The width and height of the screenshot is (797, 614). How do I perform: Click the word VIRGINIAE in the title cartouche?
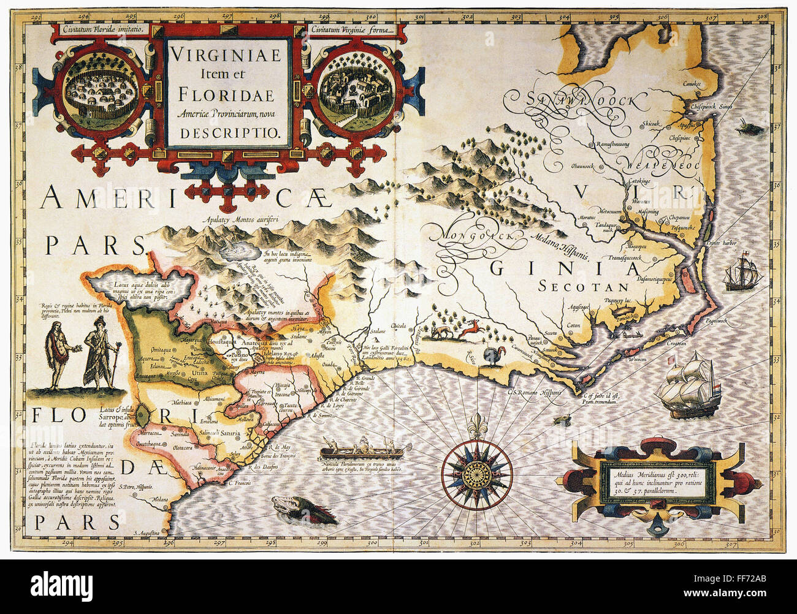pyautogui.click(x=226, y=55)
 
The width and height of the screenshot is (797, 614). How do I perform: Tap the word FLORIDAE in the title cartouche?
pyautogui.click(x=226, y=97)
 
